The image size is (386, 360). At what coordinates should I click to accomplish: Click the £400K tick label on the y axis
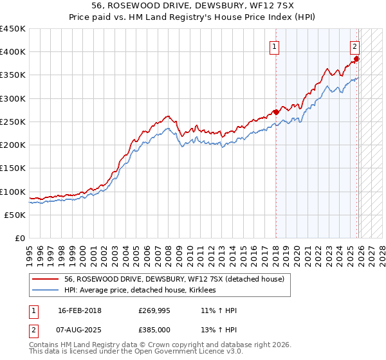pyautogui.click(x=13, y=52)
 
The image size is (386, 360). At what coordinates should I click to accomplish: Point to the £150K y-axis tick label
pyautogui.click(x=13, y=168)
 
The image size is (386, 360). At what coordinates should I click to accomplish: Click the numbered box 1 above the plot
pyautogui.click(x=275, y=46)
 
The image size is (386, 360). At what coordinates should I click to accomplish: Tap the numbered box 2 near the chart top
pyautogui.click(x=354, y=46)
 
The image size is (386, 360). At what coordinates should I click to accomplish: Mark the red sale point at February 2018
pyautogui.click(x=276, y=112)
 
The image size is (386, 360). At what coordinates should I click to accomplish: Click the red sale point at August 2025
pyautogui.click(x=358, y=59)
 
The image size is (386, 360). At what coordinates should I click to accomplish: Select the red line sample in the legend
pyautogui.click(x=46, y=279)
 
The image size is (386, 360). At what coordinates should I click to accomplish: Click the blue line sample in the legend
pyautogui.click(x=46, y=290)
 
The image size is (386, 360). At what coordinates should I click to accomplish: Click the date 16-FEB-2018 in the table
pyautogui.click(x=80, y=310)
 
